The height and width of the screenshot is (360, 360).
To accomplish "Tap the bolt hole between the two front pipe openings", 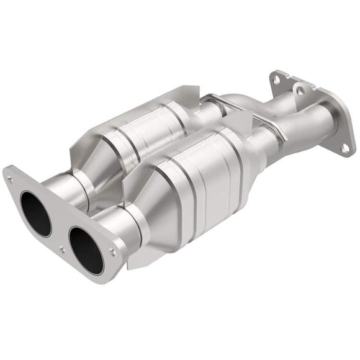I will [61, 249].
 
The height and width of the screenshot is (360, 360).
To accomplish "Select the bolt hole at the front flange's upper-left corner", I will [10, 179].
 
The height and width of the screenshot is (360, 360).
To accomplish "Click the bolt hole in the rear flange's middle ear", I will [300, 91].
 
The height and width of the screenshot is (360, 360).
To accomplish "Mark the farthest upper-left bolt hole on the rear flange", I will [274, 78].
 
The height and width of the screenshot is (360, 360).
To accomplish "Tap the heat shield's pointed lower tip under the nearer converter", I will [133, 264].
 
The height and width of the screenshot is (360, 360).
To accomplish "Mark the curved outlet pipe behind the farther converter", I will [242, 102].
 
